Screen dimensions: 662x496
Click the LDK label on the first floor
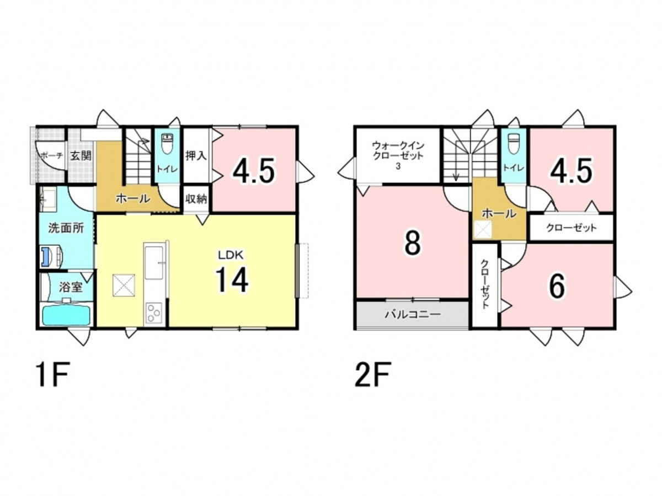(231, 255)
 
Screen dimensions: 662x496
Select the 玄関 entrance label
(81, 156)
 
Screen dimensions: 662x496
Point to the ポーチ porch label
(51, 156)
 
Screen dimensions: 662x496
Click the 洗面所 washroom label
(66, 228)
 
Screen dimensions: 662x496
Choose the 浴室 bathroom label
(71, 287)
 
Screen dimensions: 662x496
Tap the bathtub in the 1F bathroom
(66, 316)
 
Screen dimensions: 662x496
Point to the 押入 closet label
(196, 155)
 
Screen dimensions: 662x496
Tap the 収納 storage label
(196, 199)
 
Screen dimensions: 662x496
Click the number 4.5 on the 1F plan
(254, 171)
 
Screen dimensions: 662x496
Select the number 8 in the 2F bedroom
(412, 244)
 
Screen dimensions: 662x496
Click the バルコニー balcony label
(413, 315)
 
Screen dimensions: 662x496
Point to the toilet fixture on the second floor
(513, 144)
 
